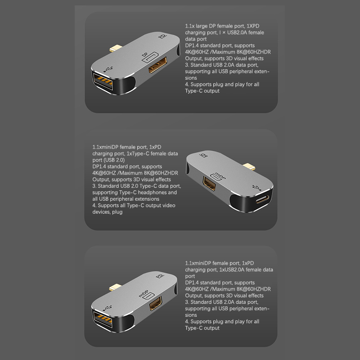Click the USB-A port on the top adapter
point(103,81)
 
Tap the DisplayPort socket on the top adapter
point(158,65)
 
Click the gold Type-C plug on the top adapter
point(116,48)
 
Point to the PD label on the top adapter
point(162,36)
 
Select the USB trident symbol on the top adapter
point(108,69)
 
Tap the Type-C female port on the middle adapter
point(262,199)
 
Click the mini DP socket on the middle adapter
point(209,184)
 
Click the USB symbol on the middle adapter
point(256,188)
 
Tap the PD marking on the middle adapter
point(203,155)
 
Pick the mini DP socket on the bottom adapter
point(156,303)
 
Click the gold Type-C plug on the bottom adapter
point(116,287)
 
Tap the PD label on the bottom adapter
point(160,275)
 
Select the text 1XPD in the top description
point(253,26)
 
